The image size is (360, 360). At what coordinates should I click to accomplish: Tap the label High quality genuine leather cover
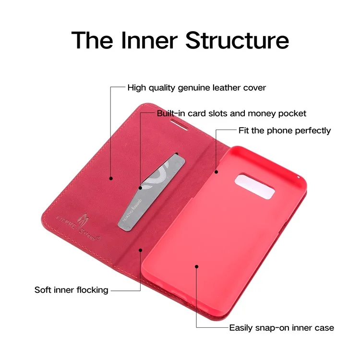pos(196,88)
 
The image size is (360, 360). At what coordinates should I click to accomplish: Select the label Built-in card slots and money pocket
pos(231,114)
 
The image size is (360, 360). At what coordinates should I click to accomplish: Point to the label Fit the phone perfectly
pos(285,131)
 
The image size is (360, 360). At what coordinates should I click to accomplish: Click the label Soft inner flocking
pos(71,290)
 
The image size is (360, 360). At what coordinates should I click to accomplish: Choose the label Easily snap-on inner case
pos(281,328)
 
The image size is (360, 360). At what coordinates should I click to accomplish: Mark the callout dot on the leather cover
pos(111,178)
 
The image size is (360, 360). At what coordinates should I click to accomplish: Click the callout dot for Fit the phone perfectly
pos(216,171)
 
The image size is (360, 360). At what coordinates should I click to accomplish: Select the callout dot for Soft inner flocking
pos(141,249)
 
